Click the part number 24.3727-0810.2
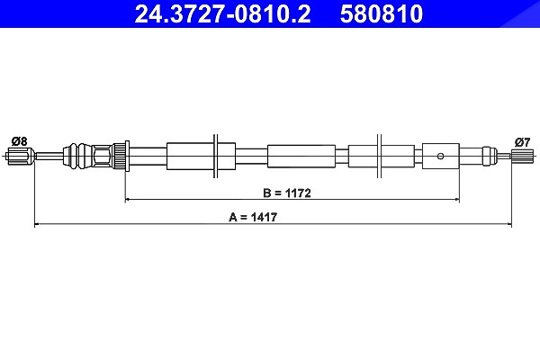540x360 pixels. tap(222, 13)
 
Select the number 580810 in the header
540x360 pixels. tap(382, 13)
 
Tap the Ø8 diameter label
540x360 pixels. tap(19, 141)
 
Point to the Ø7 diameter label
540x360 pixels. tap(522, 142)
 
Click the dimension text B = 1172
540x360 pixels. tap(287, 193)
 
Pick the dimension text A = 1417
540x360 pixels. tap(253, 217)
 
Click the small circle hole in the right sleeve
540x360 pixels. tap(440, 156)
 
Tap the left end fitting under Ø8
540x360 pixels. tap(21, 156)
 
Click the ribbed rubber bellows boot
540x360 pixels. tap(77, 156)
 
